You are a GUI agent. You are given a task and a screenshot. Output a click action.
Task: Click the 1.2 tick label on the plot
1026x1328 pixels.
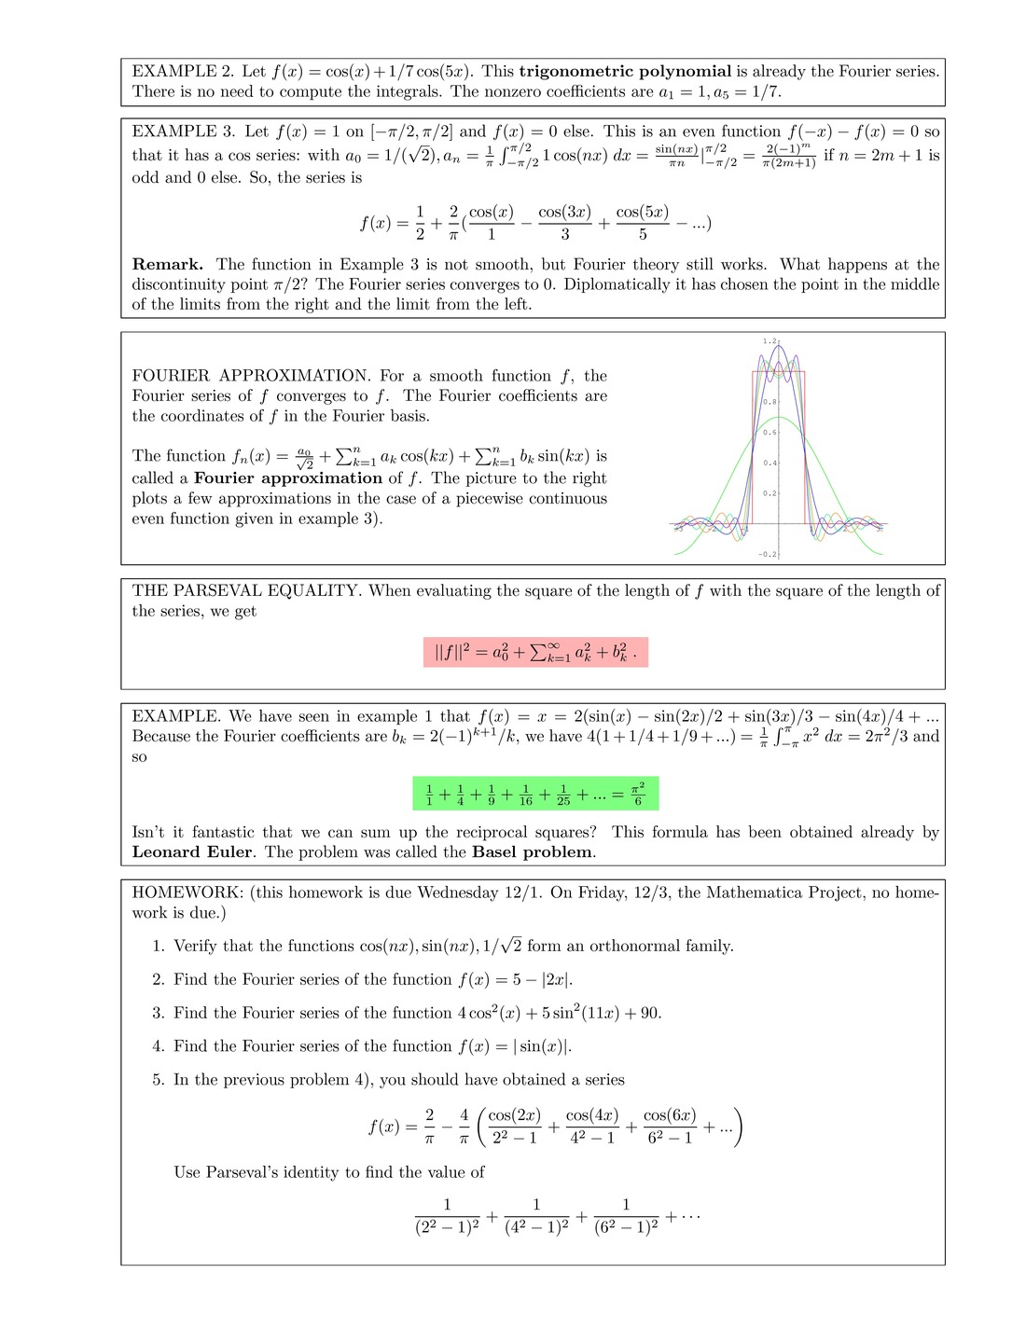coord(769,341)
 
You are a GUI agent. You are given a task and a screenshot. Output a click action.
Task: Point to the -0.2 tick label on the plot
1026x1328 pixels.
coord(767,554)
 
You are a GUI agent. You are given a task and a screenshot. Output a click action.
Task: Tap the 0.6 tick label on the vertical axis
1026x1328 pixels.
coord(769,432)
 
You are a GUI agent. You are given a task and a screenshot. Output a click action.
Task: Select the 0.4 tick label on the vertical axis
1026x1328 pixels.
coord(769,463)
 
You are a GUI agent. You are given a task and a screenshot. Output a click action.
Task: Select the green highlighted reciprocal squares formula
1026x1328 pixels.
coord(535,795)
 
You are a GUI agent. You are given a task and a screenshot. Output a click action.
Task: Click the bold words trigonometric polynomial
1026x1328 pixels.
coord(625,71)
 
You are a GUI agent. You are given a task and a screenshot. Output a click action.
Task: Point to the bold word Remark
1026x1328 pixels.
coord(167,264)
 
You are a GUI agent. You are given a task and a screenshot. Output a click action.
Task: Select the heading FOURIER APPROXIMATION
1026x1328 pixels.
coord(251,376)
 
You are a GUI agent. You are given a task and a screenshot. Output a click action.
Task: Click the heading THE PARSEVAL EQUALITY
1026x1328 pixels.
coord(245,590)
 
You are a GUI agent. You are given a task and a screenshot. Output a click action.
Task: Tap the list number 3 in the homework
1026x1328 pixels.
coord(158,1013)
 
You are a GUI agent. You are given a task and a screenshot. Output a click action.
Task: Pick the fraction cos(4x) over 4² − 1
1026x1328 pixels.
coord(592,1126)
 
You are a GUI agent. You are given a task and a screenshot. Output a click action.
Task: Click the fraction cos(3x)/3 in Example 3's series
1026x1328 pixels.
coord(564,223)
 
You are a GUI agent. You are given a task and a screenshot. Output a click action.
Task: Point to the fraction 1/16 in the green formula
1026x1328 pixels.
coord(525,795)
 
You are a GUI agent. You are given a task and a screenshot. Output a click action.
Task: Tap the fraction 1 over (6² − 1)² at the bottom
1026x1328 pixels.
coord(626,1217)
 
